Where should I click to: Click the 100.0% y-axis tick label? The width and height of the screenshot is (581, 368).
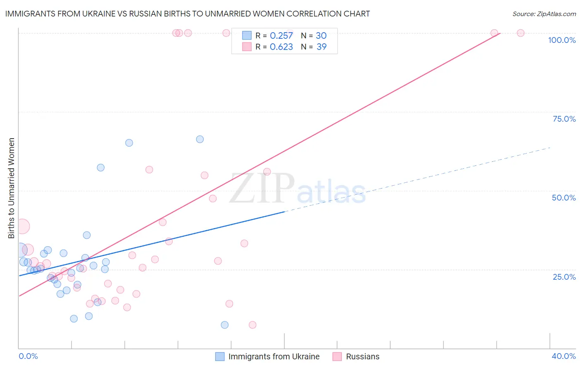(x=562, y=40)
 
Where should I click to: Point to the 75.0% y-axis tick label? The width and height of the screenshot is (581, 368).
(x=564, y=119)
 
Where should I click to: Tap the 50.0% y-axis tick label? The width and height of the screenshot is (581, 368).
(x=564, y=198)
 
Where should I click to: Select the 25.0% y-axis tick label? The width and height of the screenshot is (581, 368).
(x=564, y=276)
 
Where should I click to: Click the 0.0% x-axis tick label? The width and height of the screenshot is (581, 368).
(x=28, y=356)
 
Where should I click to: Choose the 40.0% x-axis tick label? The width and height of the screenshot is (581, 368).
(x=563, y=356)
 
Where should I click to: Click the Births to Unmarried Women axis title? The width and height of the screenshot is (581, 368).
(x=12, y=188)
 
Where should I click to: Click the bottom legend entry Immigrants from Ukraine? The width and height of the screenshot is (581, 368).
(x=274, y=356)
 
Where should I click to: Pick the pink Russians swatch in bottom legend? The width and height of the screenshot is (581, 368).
(x=337, y=356)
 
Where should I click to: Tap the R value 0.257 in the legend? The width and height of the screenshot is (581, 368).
(x=281, y=36)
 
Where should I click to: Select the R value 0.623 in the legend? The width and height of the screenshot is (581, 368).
(x=281, y=47)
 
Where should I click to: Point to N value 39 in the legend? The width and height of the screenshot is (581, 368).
(x=321, y=47)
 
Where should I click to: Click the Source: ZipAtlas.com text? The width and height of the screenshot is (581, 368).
(x=544, y=14)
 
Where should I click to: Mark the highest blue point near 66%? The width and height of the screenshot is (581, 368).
(x=200, y=139)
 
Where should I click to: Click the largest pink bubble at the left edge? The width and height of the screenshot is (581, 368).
(x=22, y=226)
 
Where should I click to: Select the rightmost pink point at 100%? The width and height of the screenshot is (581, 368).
(x=521, y=33)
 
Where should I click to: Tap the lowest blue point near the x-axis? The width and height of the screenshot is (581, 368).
(x=224, y=325)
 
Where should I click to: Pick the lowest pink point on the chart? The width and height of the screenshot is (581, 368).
(x=252, y=325)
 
